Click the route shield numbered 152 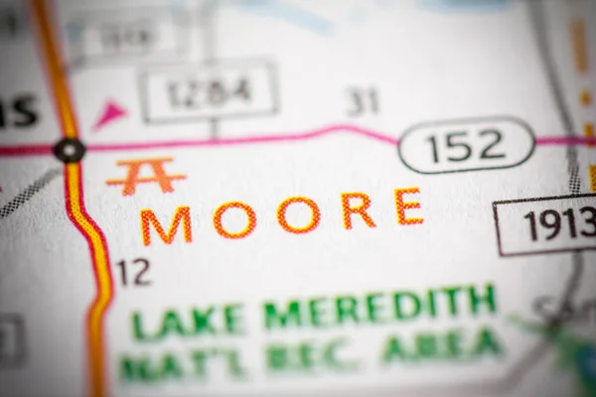pos(466,146)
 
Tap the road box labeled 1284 pos(209,92)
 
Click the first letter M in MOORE pos(166,226)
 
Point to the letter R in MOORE pos(359,210)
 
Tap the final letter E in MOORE pos(407,206)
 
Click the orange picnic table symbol pos(145,176)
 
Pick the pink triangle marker pos(109,115)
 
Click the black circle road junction pos(69,150)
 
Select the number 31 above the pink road pos(364,101)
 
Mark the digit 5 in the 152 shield pos(463,147)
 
